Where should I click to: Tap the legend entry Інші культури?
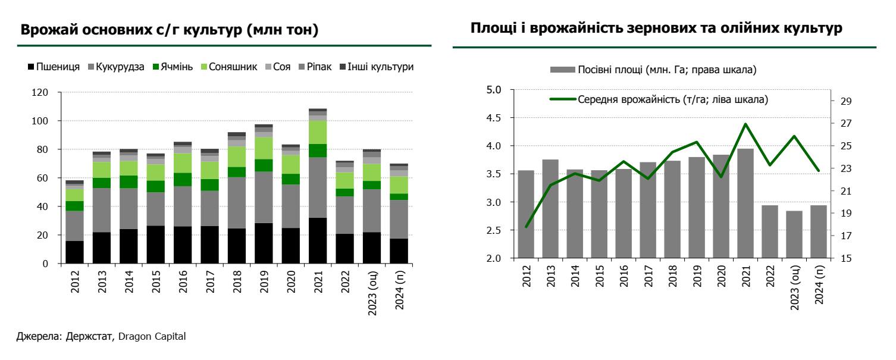(381, 67)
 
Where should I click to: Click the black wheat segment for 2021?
(318, 240)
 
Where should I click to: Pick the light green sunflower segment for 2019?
(264, 148)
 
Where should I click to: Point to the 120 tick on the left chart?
(39, 92)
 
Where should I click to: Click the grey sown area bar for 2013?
(550, 209)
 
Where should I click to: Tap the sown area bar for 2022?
(770, 231)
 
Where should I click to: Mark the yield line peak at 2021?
(745, 124)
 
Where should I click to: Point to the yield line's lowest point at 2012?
(526, 227)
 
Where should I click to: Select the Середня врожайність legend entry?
(672, 99)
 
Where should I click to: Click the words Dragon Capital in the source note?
(152, 337)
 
